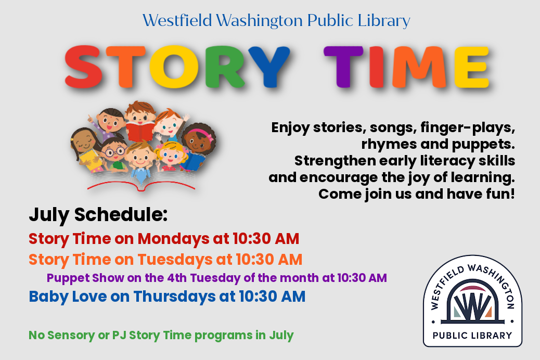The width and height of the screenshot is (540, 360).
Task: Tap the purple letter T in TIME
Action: tap(343, 67)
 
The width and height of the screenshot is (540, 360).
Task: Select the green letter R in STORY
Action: tap(225, 67)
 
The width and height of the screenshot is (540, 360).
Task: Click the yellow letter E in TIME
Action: tap(472, 67)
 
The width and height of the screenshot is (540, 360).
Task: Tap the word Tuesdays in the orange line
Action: tap(175, 260)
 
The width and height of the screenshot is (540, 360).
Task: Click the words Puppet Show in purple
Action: tap(85, 278)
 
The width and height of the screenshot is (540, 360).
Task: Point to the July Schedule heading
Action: tap(98, 215)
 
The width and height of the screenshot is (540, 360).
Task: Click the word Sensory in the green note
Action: tap(71, 335)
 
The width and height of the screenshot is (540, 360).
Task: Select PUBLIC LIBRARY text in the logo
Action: tap(472, 336)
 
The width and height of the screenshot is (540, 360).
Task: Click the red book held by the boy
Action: tap(140, 131)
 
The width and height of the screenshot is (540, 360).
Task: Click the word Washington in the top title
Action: tap(259, 21)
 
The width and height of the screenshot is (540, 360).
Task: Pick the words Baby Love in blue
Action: tap(68, 297)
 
